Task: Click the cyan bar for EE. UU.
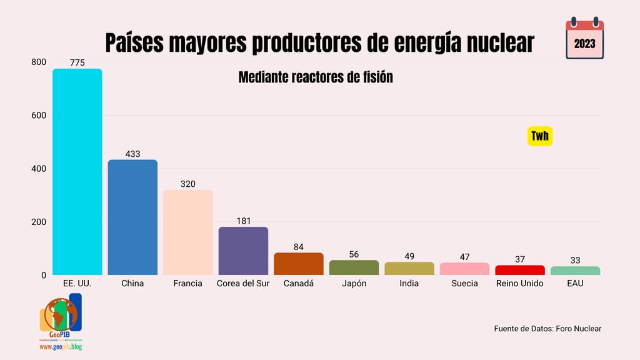click(x=77, y=172)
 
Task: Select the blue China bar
click(x=132, y=217)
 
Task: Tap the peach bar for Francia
click(x=188, y=232)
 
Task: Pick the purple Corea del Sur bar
click(x=243, y=251)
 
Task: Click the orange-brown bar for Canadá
click(x=299, y=264)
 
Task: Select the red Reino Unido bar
click(x=520, y=270)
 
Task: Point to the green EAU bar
click(x=575, y=271)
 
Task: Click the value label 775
click(x=77, y=62)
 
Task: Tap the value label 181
click(x=244, y=221)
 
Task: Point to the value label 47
click(x=464, y=256)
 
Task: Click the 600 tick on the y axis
click(x=39, y=116)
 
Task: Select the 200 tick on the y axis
click(x=39, y=222)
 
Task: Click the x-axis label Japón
click(x=354, y=283)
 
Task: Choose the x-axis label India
click(x=409, y=283)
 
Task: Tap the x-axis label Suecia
click(x=464, y=283)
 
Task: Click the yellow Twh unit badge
click(x=540, y=136)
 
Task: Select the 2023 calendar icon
click(x=584, y=39)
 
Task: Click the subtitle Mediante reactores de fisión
click(x=316, y=77)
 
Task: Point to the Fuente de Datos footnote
click(x=547, y=328)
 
